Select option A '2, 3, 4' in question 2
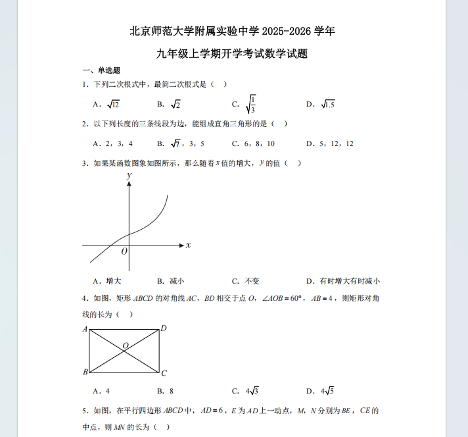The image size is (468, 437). coord(114,143)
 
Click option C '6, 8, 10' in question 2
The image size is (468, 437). coord(253,143)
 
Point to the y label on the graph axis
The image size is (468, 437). coord(129,176)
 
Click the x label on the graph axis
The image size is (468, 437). coord(188,245)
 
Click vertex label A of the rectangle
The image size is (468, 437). coord(85,328)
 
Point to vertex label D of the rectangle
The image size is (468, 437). coord(164,328)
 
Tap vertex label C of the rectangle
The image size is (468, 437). coord(164,373)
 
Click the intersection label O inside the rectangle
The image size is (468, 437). coord(125,345)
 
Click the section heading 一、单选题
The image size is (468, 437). coord(101,70)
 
